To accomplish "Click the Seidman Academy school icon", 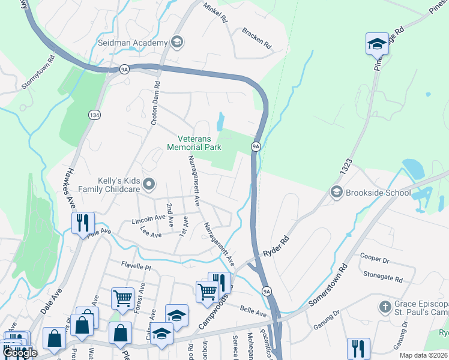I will pyautogui.click(x=176, y=42).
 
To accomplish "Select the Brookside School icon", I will pyautogui.click(x=336, y=192).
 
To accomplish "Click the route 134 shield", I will pyautogui.click(x=94, y=114).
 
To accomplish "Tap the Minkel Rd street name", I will pyautogui.click(x=216, y=12).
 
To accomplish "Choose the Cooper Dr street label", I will pyautogui.click(x=375, y=258).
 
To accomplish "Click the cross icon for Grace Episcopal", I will pyautogui.click(x=385, y=307).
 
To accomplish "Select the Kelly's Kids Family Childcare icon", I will pyautogui.click(x=149, y=184).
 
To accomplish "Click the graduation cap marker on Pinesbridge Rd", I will pyautogui.click(x=376, y=43).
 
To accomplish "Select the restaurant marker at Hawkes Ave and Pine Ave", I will pyautogui.click(x=82, y=223).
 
